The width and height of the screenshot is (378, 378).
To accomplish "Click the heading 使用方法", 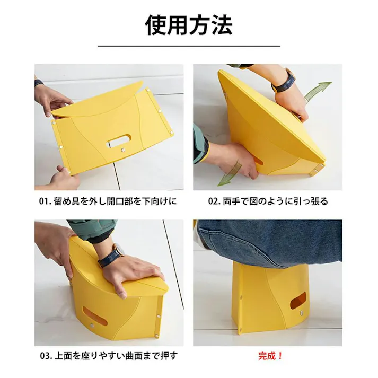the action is [x=189, y=25].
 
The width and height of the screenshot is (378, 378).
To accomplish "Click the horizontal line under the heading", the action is [x=189, y=46].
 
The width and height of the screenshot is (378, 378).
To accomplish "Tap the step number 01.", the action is [x=44, y=201].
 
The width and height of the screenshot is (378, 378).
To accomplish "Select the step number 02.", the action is [x=213, y=201].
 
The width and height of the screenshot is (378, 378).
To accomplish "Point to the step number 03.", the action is [x=45, y=356].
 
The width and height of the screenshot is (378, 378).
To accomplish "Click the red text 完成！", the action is [x=270, y=356].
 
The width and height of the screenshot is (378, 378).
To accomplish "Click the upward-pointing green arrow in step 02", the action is [x=318, y=93].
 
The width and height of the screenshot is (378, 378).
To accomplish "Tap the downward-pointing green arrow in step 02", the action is [x=230, y=173].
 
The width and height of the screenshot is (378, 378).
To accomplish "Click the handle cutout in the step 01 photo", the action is [x=118, y=140].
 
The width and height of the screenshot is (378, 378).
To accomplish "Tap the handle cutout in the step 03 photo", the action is [x=95, y=315].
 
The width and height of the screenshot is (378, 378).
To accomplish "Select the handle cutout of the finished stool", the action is [x=298, y=301].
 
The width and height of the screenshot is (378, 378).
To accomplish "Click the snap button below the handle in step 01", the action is [x=123, y=150].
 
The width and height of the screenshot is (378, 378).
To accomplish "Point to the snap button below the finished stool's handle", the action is [x=302, y=313].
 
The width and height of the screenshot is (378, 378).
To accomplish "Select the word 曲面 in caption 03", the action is [x=134, y=356].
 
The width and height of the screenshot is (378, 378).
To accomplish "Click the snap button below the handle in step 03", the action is [x=92, y=326].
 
